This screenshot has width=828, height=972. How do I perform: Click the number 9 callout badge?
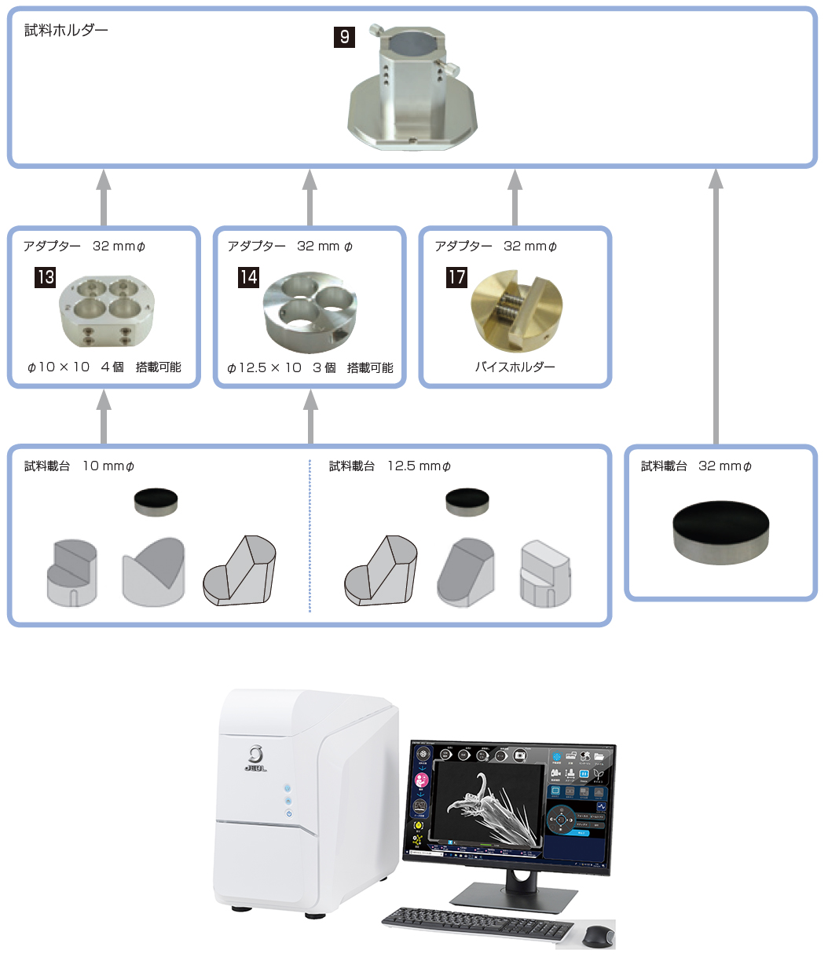[344, 37]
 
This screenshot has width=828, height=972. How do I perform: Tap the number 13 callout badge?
[45, 277]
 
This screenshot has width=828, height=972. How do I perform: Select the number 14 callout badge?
[248, 277]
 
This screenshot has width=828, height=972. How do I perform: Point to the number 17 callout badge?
[456, 277]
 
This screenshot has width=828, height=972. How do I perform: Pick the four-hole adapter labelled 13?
[107, 311]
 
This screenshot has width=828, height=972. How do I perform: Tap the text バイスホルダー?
[515, 367]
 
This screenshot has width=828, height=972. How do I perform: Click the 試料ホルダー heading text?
[66, 31]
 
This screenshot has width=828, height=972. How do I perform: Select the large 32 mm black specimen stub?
[720, 532]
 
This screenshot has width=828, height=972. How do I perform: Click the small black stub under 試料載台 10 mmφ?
[156, 502]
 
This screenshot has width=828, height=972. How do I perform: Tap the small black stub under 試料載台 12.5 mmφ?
[467, 502]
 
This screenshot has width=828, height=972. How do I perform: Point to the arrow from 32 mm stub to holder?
[716, 306]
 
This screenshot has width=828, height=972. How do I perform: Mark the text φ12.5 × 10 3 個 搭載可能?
[310, 367]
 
